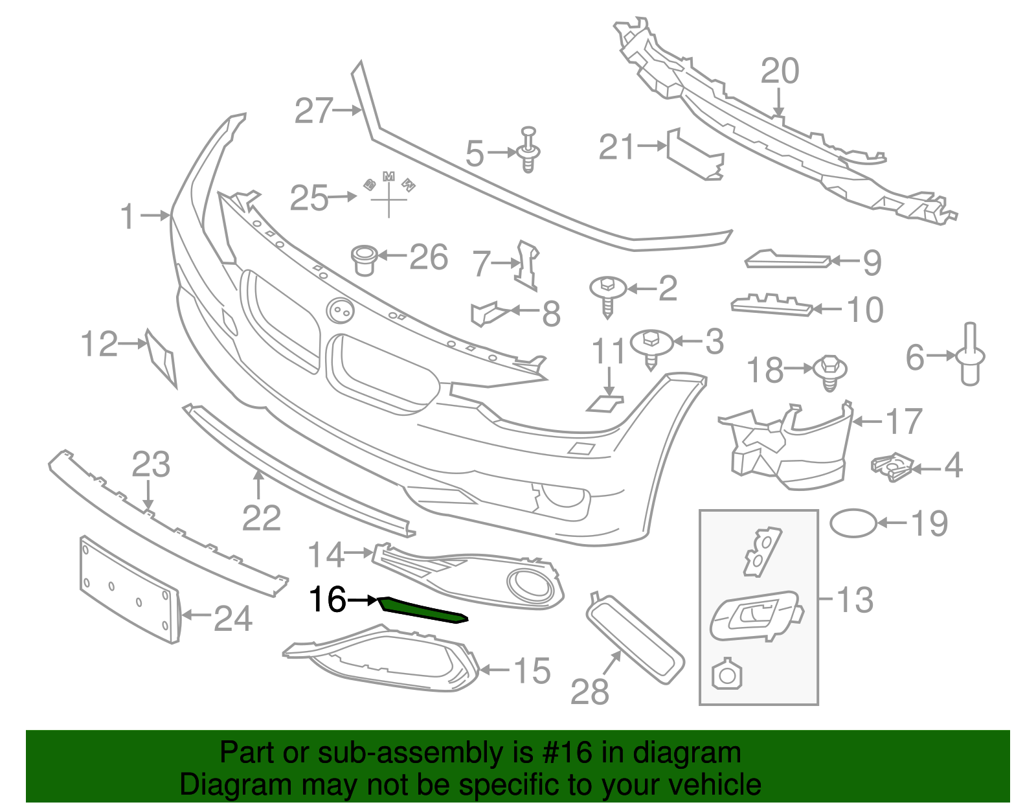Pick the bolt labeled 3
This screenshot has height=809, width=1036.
[x=651, y=347]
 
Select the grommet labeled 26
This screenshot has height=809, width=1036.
[x=365, y=259]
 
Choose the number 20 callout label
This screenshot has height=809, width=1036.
[x=780, y=71]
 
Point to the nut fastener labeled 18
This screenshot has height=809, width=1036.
[x=830, y=372]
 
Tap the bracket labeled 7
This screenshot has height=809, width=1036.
[x=528, y=264]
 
